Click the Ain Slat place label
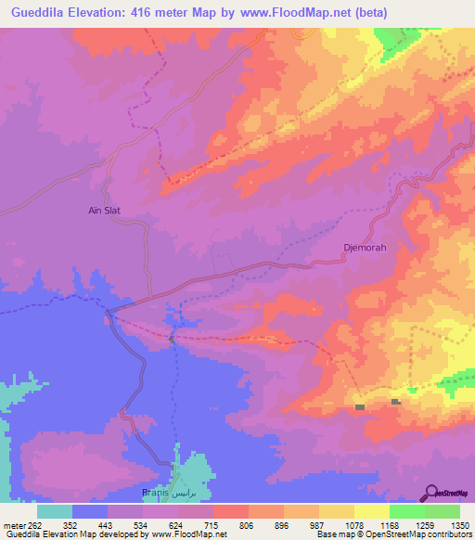click(x=105, y=211)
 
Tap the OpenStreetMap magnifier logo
click(x=431, y=492)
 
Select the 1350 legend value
click(x=459, y=524)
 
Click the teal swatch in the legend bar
click(x=55, y=511)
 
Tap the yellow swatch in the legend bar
click(x=371, y=511)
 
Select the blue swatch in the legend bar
click(x=90, y=511)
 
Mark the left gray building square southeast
click(x=360, y=406)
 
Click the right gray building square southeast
click(x=395, y=402)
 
